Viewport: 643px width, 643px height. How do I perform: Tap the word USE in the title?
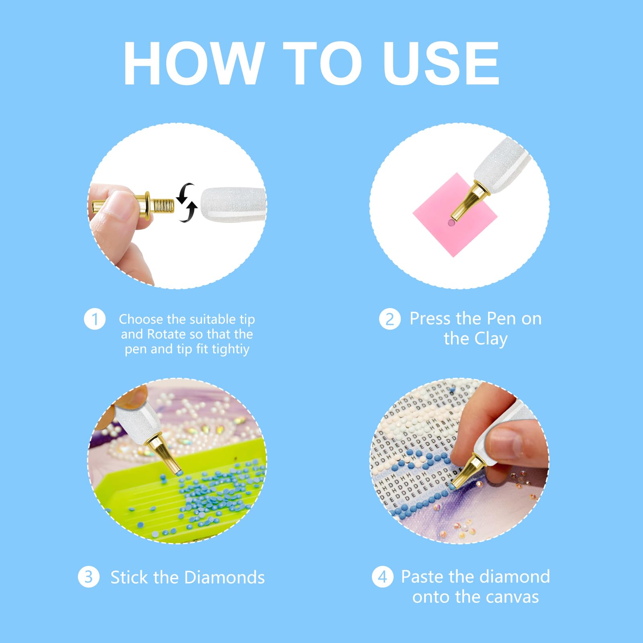441,63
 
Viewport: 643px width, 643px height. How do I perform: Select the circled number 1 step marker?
94,319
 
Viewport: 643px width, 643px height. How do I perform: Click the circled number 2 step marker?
390,319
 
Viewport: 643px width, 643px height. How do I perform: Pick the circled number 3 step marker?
88,577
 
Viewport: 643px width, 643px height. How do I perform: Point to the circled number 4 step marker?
382,577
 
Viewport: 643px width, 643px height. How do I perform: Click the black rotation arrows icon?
187,202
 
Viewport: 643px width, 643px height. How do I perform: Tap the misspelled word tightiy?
231,349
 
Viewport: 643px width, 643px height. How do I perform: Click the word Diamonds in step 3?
225,577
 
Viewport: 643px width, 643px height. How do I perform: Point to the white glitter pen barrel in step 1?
233,204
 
